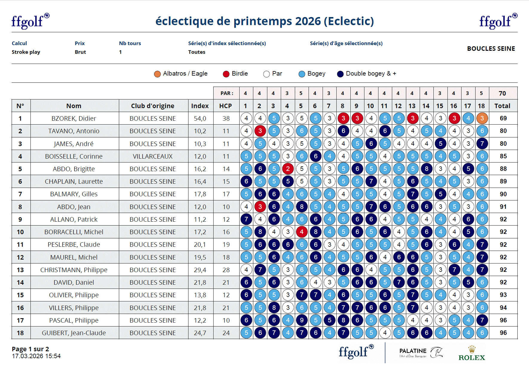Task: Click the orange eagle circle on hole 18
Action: tap(482, 118)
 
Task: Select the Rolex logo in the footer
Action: tap(472, 354)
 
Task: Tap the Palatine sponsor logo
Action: tap(421, 353)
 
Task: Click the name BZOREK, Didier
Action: tap(74, 118)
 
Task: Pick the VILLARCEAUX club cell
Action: tap(153, 156)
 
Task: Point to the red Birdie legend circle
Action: tap(226, 74)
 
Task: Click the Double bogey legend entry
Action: tap(367, 74)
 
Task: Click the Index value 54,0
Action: tap(200, 118)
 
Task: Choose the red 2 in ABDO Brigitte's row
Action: tap(288, 169)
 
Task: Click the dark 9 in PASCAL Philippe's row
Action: tap(302, 320)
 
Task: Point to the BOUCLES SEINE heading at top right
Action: tap(491, 49)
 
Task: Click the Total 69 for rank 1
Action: tap(503, 118)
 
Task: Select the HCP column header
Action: tap(226, 106)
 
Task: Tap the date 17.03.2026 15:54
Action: tap(36, 356)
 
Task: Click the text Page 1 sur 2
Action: tap(30, 349)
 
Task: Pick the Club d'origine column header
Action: tap(153, 106)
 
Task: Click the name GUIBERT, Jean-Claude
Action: tap(74, 333)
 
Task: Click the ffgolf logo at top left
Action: tap(30, 21)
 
